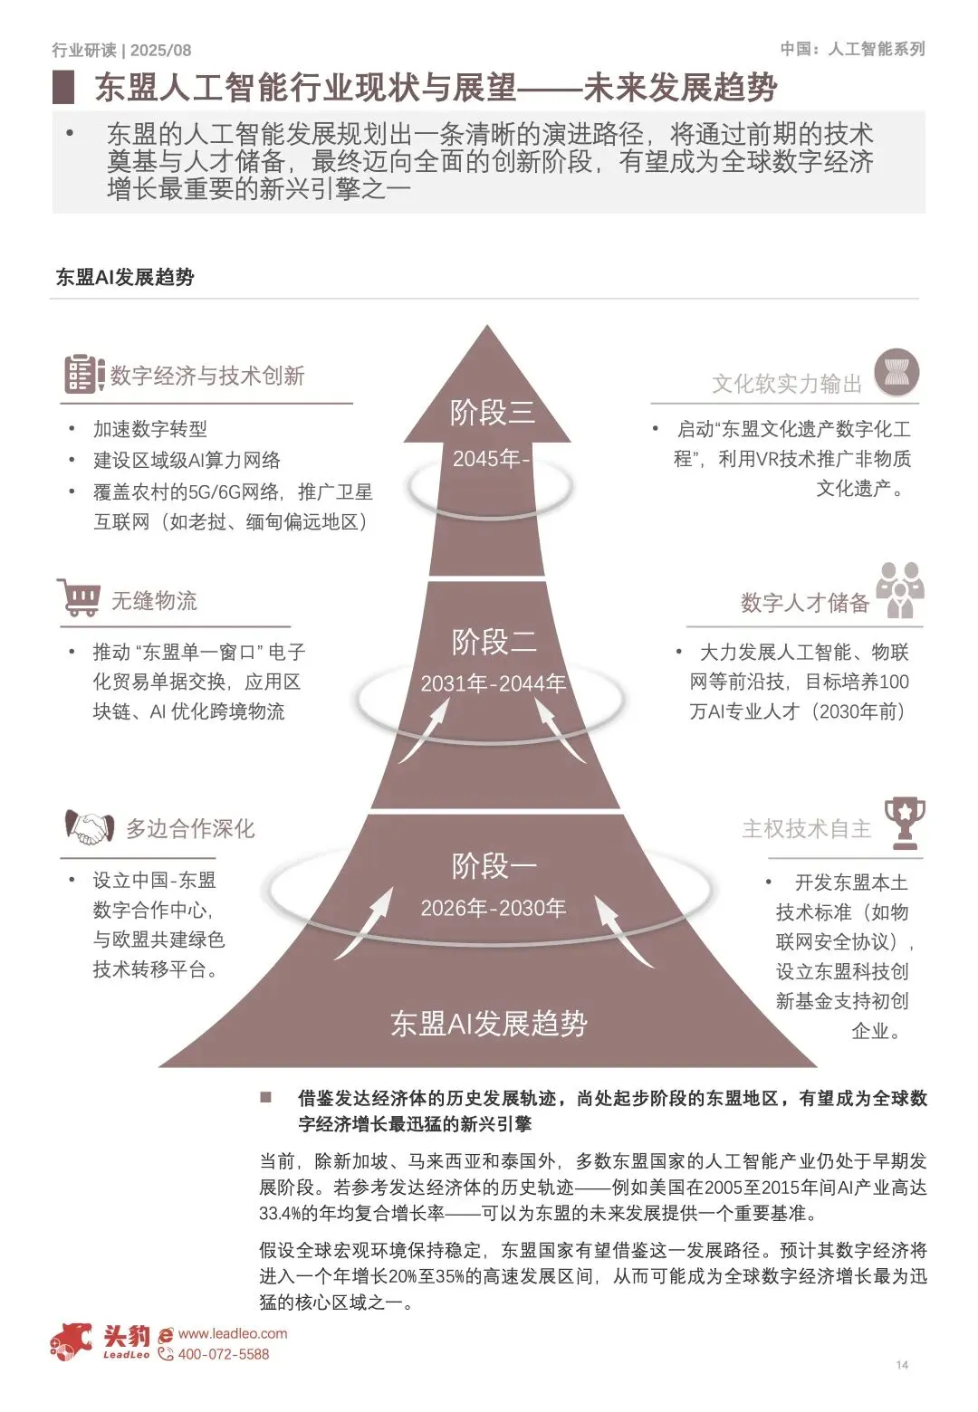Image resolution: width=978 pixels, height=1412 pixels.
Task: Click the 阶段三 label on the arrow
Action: (493, 413)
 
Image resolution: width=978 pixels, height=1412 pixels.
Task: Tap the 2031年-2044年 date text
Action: (493, 683)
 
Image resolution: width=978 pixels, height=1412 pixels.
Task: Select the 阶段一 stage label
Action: (494, 866)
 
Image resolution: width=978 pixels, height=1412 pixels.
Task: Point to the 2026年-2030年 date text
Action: (493, 908)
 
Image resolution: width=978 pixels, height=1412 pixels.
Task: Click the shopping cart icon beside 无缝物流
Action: (79, 598)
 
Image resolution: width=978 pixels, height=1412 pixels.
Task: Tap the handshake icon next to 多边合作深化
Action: (89, 827)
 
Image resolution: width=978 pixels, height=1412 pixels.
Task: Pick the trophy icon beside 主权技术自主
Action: (904, 822)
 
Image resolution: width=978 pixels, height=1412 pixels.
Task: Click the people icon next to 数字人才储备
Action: (899, 590)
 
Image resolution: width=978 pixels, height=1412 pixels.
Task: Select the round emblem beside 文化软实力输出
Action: (896, 374)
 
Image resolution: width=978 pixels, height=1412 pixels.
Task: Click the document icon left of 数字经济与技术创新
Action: (84, 374)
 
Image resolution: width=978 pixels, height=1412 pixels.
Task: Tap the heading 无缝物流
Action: (154, 601)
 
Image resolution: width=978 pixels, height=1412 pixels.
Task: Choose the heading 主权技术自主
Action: (806, 829)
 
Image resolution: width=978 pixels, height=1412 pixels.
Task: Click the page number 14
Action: (902, 1365)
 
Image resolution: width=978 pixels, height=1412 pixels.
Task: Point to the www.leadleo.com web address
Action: (233, 1333)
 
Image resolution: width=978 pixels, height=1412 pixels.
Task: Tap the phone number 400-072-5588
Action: (223, 1354)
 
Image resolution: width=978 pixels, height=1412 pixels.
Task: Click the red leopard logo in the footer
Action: (71, 1340)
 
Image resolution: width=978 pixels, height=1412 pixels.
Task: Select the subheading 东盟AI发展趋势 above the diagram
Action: (125, 277)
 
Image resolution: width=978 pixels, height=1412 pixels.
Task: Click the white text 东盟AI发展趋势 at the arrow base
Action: (489, 1024)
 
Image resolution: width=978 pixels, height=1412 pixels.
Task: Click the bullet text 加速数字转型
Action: (150, 429)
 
